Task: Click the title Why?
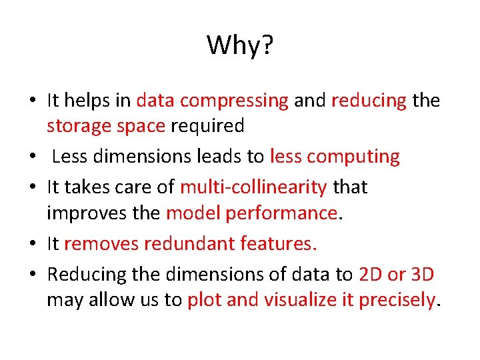pyautogui.click(x=240, y=46)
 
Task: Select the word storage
pyautogui.click(x=73, y=125)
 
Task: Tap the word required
pyautogui.click(x=207, y=125)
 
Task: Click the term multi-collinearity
pyautogui.click(x=253, y=187)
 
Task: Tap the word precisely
pyautogui.click(x=397, y=301)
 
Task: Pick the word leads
pyautogui.click(x=225, y=157)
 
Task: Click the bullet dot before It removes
pyautogui.click(x=32, y=245)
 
